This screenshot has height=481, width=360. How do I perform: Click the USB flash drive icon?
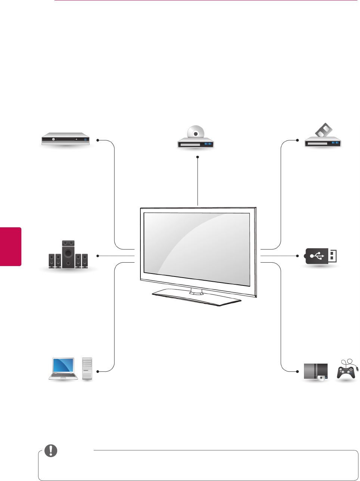click(x=322, y=256)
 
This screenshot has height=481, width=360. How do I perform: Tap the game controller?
click(x=346, y=371)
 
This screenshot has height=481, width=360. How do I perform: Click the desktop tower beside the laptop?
click(x=87, y=369)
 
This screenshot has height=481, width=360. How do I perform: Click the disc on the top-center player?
click(x=195, y=133)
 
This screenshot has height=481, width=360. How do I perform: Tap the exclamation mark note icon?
click(x=51, y=451)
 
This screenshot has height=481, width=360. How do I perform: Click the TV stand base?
click(x=197, y=297)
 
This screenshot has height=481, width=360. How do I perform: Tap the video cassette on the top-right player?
click(x=324, y=131)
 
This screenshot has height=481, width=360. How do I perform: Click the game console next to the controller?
click(x=316, y=372)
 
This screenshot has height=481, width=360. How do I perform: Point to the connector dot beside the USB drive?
click(x=298, y=256)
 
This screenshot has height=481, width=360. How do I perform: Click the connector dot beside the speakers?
click(x=98, y=256)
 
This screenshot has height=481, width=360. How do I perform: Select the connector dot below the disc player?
click(x=198, y=157)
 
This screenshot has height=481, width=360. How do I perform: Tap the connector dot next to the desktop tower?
click(x=98, y=372)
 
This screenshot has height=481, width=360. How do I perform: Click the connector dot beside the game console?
click(x=298, y=372)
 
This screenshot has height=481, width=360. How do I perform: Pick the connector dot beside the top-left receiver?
click(x=98, y=140)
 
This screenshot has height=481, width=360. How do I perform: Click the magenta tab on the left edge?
click(x=10, y=246)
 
